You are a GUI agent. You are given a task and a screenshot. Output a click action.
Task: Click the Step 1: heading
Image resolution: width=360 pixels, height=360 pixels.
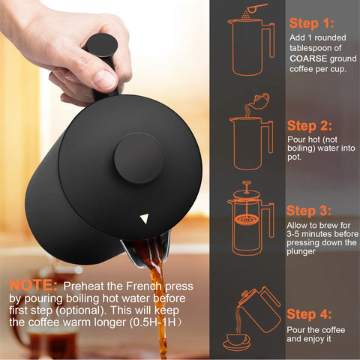tap(314, 23)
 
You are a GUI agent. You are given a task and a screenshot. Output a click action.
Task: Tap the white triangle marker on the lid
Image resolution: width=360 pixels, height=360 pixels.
tap(144, 219)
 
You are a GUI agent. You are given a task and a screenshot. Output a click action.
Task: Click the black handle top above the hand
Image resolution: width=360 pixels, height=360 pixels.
tap(101, 46)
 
